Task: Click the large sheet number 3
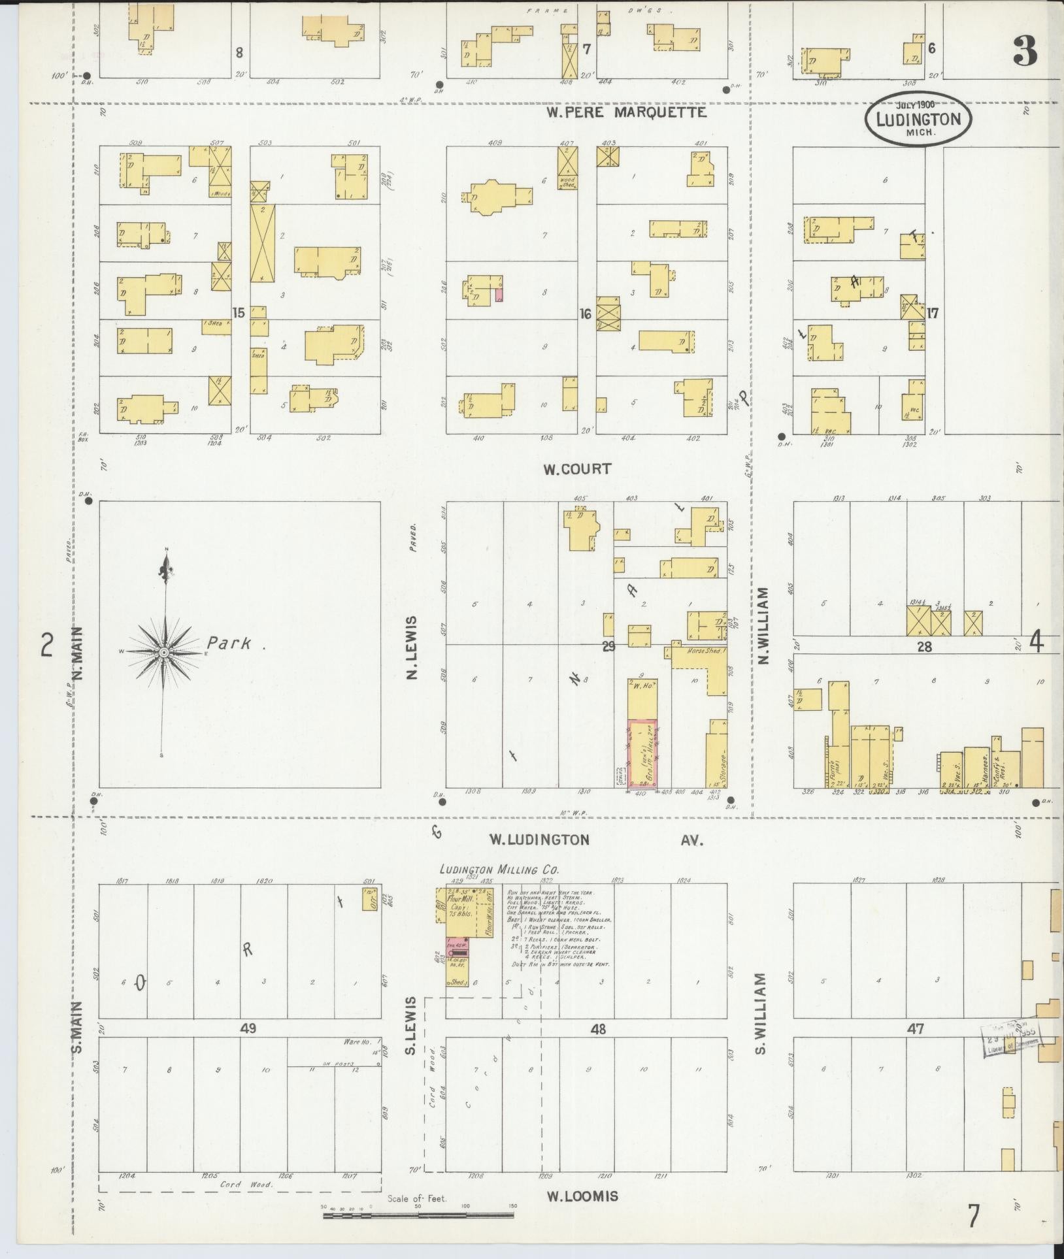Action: [1025, 52]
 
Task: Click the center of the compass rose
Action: [165, 653]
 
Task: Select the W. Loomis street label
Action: [582, 1196]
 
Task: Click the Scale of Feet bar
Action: [418, 1216]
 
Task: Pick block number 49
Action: [248, 1028]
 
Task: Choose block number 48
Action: [598, 1029]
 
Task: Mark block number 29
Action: [608, 646]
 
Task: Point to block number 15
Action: [239, 313]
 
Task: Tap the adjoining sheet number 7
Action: [974, 1216]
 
